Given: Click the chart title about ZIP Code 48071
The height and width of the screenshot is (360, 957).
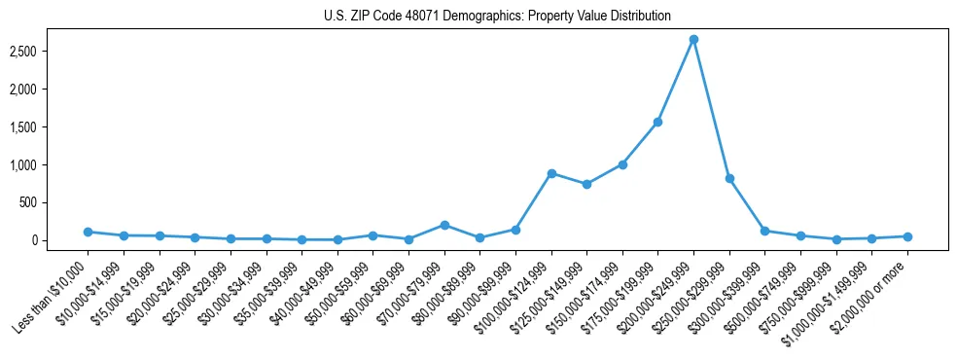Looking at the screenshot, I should (x=497, y=16).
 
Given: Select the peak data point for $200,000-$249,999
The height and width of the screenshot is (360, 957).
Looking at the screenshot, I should (x=693, y=39).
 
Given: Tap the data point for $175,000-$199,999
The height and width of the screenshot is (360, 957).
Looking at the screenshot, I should (x=657, y=122).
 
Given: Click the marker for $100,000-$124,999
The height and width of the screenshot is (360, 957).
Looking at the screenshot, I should (x=551, y=173).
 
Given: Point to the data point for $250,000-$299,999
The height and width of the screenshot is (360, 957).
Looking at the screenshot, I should (x=729, y=178).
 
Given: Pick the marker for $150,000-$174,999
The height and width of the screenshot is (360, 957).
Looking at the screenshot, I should (x=622, y=164).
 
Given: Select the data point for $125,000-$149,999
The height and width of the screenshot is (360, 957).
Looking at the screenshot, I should (x=586, y=184).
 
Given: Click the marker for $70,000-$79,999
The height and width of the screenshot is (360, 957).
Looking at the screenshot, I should (x=444, y=225).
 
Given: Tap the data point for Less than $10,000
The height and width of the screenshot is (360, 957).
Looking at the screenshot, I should (x=88, y=232).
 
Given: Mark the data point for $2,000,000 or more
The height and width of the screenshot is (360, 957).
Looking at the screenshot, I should (x=907, y=236).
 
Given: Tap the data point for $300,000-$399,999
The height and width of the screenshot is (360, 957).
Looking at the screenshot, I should (x=764, y=231).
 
